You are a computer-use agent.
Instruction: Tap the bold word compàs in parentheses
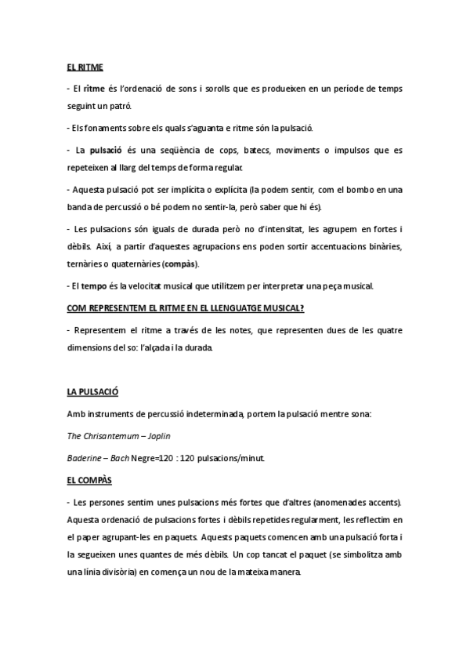click(x=181, y=263)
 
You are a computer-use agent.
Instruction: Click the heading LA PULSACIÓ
click(x=92, y=391)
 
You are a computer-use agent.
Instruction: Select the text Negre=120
click(x=152, y=457)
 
